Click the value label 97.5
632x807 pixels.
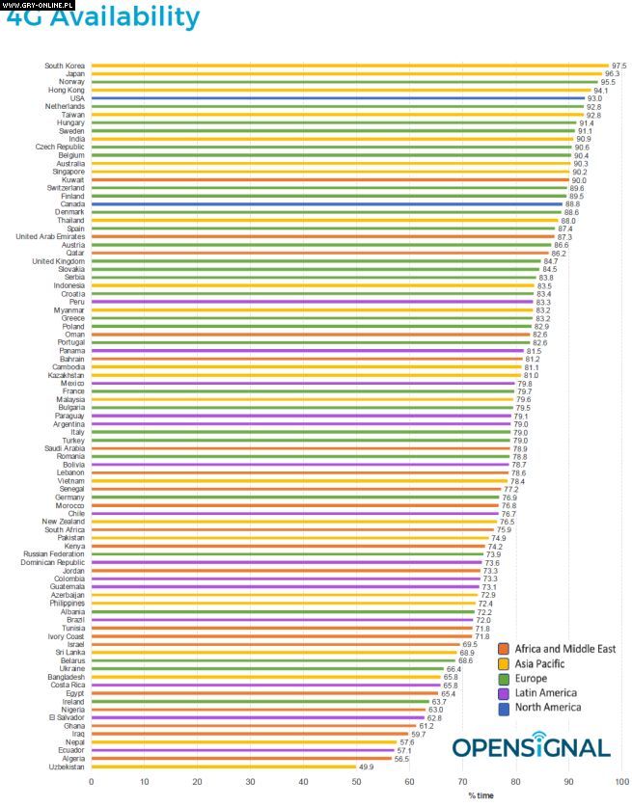(x=618, y=66)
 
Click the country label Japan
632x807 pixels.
(x=75, y=73)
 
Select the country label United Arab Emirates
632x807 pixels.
(x=50, y=236)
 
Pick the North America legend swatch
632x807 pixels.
(x=504, y=708)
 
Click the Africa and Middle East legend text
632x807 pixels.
(x=564, y=649)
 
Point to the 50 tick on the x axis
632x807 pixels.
(x=357, y=782)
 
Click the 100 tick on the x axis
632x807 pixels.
(x=622, y=782)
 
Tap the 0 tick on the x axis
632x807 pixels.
(x=92, y=782)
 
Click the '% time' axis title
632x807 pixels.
(x=481, y=795)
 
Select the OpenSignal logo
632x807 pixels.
(x=531, y=747)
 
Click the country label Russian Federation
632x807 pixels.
(x=54, y=554)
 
